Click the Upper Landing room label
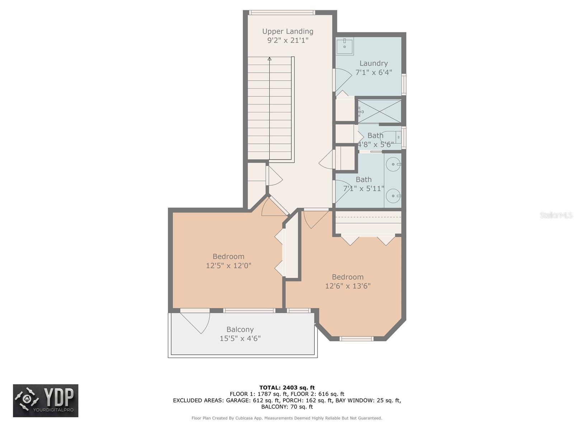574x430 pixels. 288,31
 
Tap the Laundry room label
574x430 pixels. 373,63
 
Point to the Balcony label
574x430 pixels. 240,329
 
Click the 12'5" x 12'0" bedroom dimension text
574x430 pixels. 229,266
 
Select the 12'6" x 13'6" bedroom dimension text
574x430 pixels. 348,286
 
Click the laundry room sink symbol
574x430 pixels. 345,46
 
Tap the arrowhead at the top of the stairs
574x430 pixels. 269,59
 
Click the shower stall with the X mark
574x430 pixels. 380,111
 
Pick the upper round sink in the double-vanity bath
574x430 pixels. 393,164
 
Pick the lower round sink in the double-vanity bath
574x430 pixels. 393,196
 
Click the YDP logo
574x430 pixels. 46,401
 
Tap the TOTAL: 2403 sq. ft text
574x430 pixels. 287,388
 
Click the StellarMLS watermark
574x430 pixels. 556,215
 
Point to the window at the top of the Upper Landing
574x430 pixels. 282,13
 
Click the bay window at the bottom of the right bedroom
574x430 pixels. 357,339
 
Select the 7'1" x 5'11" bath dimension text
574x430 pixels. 363,188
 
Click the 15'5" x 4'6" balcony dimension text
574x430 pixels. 240,338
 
